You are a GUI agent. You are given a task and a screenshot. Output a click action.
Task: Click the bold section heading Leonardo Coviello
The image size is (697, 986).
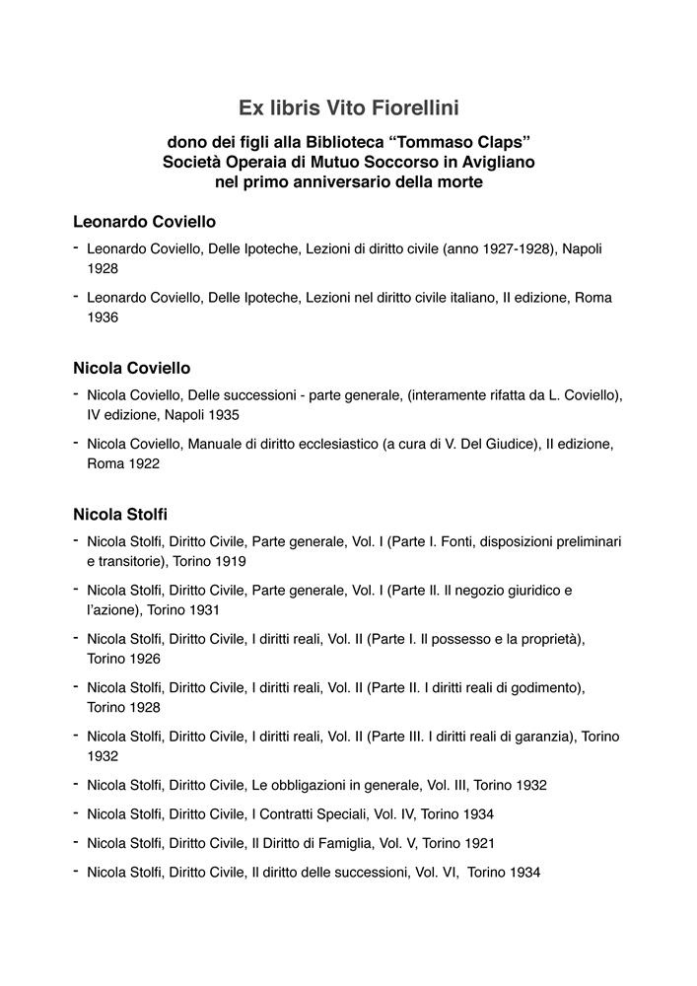144,222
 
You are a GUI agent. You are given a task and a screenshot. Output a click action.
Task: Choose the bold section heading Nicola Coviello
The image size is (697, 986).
132,368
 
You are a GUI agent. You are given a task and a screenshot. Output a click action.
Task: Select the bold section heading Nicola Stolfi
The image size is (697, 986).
120,514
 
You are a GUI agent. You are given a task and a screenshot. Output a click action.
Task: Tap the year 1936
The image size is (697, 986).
103,317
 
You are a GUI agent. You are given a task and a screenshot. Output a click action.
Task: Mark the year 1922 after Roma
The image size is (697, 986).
141,463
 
